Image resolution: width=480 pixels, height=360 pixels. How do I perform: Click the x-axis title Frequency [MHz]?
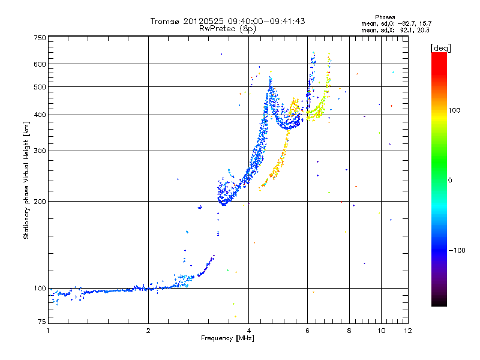pos(228,339)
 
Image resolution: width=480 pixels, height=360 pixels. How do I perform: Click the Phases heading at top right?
pos(385,17)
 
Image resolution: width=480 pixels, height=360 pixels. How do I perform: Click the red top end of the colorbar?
pos(439,55)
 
